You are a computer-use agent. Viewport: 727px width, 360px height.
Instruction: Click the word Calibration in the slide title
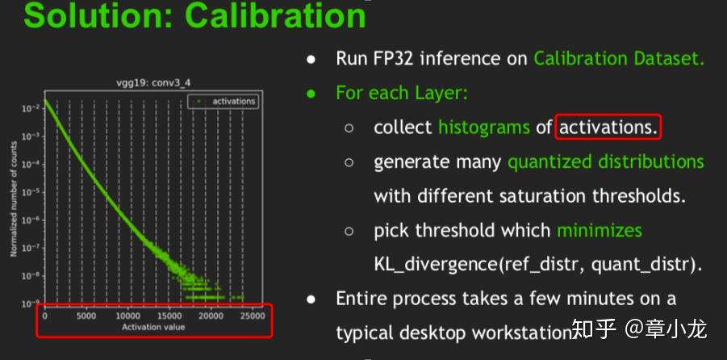[275, 15]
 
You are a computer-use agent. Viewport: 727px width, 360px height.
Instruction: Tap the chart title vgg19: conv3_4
[153, 83]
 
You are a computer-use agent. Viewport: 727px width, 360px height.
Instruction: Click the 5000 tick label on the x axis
[86, 316]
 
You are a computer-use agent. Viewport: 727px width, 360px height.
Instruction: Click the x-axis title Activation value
[153, 328]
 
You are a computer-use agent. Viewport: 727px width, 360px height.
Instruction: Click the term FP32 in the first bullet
[391, 59]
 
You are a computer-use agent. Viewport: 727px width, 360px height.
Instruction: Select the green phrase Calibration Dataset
[619, 59]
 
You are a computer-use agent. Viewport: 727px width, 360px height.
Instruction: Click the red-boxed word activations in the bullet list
[608, 127]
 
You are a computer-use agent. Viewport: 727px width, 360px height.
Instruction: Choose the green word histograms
[484, 127]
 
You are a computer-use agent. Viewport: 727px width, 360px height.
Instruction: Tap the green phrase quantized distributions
[606, 162]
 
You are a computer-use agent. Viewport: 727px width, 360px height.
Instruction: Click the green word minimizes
[600, 230]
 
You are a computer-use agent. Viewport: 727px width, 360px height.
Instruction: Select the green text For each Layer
[402, 94]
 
